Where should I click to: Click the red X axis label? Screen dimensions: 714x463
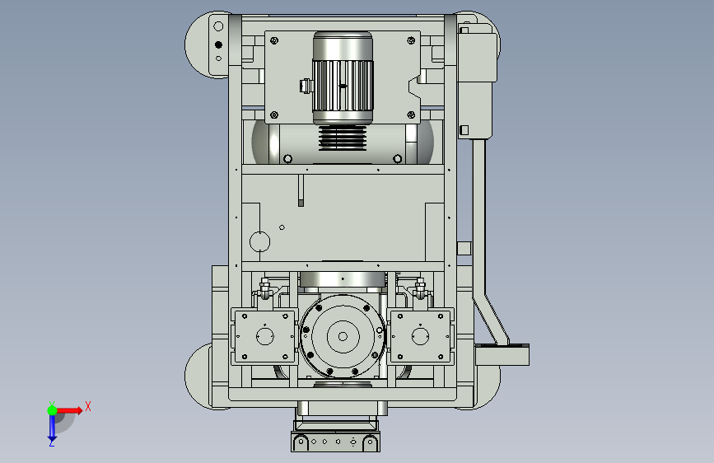coord(88,406)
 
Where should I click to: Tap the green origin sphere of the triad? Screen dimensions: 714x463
coord(53,410)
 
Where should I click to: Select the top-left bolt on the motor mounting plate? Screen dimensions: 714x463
coord(274,40)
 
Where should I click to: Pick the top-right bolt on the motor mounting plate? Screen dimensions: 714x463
coord(411,40)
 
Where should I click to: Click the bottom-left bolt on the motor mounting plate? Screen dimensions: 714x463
coord(274,115)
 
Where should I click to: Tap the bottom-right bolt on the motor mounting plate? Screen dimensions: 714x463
coord(411,115)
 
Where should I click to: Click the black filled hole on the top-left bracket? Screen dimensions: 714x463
coord(218,44)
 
